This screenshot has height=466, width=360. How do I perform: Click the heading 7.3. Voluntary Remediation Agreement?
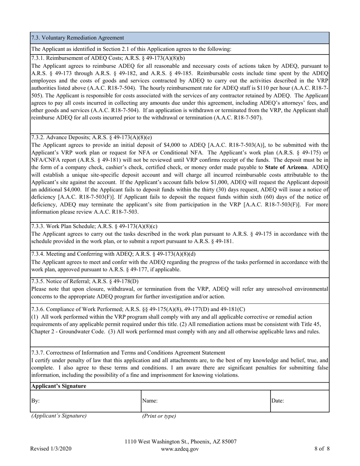pos(78,38)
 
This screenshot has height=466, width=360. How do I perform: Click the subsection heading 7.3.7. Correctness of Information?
pos(128,352)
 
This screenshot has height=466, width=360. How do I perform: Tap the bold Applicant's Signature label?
pos(58,386)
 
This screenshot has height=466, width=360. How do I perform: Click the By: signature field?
pos(85,400)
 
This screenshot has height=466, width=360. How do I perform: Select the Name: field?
pos(205,400)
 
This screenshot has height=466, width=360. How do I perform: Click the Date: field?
pos(299,400)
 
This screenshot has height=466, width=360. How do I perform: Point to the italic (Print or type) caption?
pos(159,416)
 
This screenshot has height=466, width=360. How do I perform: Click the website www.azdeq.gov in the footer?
pos(180,449)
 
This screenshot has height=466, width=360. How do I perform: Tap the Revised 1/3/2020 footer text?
pos(51,449)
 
